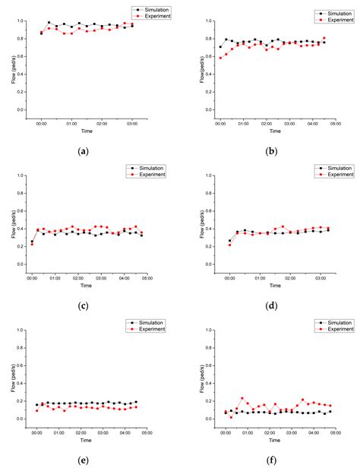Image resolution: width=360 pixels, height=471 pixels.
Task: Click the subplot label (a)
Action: click(x=82, y=151)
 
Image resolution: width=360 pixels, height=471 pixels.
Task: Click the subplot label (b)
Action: click(x=271, y=151)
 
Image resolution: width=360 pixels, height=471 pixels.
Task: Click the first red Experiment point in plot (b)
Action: click(x=221, y=58)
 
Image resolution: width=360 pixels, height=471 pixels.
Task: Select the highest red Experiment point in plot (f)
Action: click(x=242, y=398)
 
